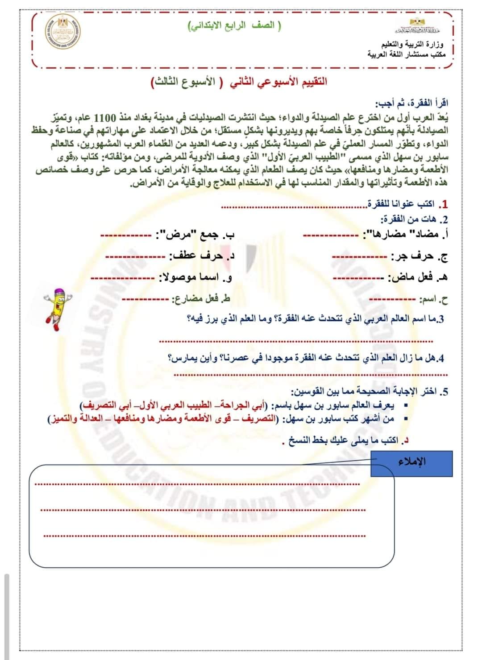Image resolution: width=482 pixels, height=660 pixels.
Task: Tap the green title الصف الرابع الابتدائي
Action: click(234, 25)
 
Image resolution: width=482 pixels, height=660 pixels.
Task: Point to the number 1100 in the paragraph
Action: click(416, 117)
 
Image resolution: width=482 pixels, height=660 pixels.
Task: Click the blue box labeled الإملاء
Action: click(411, 463)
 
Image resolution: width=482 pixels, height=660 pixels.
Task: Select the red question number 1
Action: click(444, 204)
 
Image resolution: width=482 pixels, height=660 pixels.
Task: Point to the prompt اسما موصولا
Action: click(196, 277)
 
